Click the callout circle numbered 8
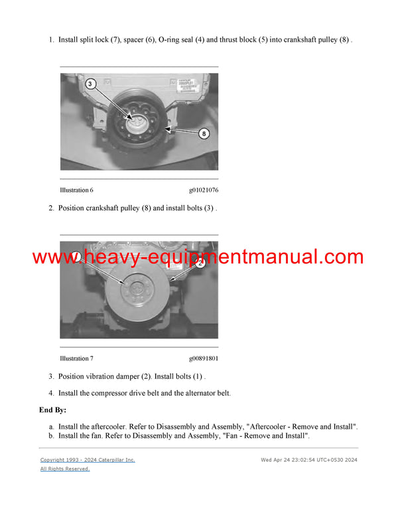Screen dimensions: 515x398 [x=204, y=133]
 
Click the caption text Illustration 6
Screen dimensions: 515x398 [x=76, y=190]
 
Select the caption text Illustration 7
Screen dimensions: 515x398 [x=76, y=359]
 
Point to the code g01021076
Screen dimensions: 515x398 [x=203, y=190]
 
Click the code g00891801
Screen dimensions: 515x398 [x=203, y=359]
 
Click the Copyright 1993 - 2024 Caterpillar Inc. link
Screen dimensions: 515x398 [x=88, y=459]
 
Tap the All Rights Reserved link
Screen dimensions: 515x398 [x=65, y=469]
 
